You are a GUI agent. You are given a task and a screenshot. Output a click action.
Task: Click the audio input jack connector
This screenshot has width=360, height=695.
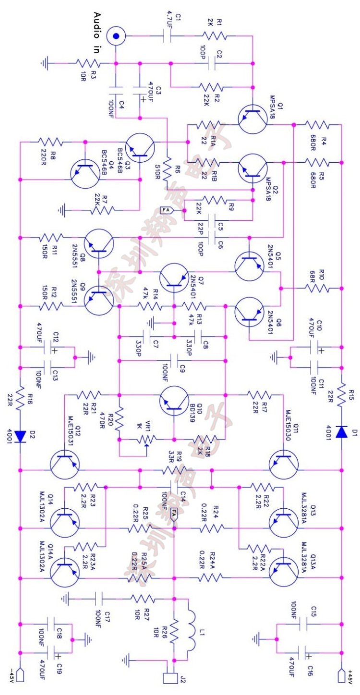116,35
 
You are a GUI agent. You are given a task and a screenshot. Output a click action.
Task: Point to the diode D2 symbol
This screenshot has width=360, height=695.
20,435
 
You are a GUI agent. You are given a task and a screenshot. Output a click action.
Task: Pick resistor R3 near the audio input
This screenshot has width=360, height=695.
87,63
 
